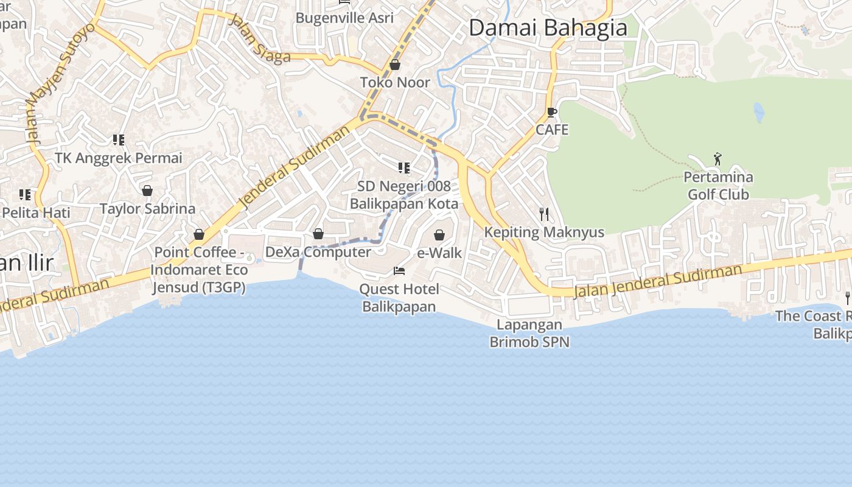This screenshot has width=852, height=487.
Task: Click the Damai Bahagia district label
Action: tap(548, 28)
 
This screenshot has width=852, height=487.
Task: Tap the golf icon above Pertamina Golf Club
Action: tap(718, 159)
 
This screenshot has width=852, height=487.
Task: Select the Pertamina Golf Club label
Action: tap(718, 186)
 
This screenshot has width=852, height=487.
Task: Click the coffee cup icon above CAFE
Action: tap(552, 113)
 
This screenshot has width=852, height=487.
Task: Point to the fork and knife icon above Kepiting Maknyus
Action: tap(544, 214)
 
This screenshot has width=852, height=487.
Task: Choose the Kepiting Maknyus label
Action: tap(544, 232)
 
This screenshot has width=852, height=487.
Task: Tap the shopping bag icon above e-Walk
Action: tap(439, 235)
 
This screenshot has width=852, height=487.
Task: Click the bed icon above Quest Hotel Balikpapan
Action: tap(399, 270)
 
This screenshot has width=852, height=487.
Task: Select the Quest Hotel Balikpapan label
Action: tap(399, 297)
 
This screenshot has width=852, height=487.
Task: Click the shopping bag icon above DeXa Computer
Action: tap(318, 234)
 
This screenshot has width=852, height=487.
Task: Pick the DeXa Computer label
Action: tap(318, 251)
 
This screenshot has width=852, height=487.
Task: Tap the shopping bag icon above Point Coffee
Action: tap(199, 234)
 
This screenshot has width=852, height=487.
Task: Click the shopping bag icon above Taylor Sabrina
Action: tap(147, 191)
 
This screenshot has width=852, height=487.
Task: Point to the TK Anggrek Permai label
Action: tap(119, 158)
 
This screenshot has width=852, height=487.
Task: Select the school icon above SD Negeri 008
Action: tap(403, 167)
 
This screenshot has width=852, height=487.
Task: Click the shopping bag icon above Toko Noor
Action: tap(395, 65)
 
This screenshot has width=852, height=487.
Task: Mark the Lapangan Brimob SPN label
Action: tap(529, 334)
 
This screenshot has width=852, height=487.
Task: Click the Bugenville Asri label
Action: tap(344, 18)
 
